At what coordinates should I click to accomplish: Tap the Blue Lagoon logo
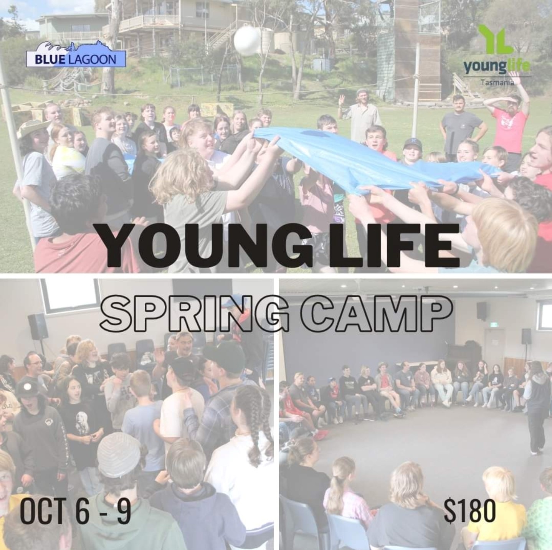pyautogui.click(x=76, y=55)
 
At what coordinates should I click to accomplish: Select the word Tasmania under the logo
pyautogui.click(x=497, y=83)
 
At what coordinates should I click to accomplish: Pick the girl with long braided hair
pyautogui.click(x=252, y=447)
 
